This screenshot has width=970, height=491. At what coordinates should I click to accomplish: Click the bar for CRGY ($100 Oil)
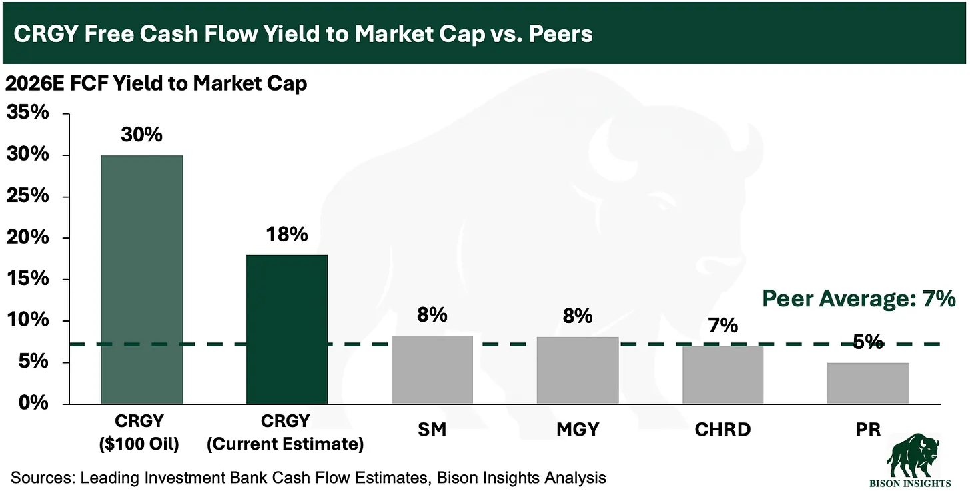point(141,279)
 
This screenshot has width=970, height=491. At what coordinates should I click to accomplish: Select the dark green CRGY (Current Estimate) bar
point(286,329)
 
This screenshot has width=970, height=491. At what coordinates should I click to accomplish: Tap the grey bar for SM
point(432,370)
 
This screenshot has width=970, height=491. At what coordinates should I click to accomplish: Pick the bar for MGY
point(577,370)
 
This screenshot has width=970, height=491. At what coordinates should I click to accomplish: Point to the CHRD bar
point(723,375)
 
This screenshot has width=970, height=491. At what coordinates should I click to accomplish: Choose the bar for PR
point(867,383)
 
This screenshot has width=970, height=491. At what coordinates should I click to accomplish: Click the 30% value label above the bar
point(141,135)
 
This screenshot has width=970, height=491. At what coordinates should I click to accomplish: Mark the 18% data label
point(287,235)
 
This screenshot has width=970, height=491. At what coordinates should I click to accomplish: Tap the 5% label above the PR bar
point(867,342)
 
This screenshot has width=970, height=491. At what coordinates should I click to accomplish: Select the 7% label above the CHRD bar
point(723,326)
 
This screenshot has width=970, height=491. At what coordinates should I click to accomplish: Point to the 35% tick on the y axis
point(28,113)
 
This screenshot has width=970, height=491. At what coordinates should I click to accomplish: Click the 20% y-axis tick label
point(28,237)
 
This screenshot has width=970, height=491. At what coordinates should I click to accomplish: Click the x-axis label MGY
point(577,430)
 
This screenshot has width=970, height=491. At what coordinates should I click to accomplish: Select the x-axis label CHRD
point(723,430)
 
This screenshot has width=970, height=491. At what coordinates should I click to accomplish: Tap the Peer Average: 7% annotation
point(859,299)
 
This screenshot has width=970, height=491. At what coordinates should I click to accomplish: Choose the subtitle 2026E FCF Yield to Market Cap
point(157,84)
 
